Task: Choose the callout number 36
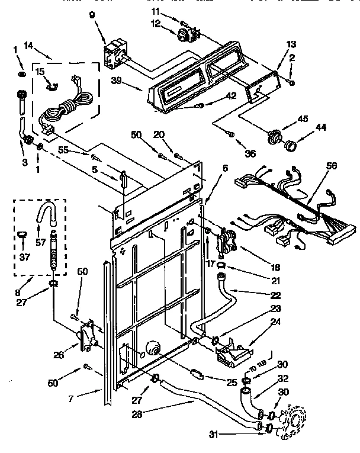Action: (x=249, y=153)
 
